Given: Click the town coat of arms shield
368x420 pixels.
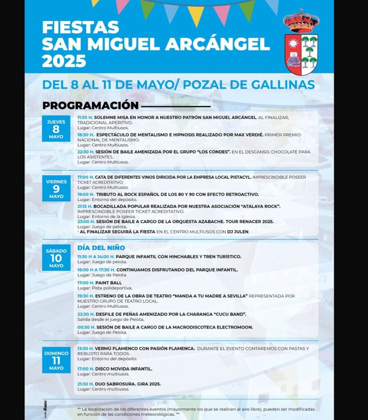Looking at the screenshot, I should point(301,54).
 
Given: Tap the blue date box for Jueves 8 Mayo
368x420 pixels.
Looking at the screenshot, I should point(56,129).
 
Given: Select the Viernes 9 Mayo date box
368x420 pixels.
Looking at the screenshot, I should point(56,188).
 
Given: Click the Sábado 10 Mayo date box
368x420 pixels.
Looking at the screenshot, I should point(56,258).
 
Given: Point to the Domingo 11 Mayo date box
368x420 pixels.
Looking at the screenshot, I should point(56,360).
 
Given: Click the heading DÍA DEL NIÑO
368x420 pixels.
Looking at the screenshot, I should point(101,248).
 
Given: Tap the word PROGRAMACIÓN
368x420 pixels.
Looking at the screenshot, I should point(90,105).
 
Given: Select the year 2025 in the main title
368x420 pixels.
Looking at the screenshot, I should point(64,61).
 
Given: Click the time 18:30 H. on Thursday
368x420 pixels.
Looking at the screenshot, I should point(86,135).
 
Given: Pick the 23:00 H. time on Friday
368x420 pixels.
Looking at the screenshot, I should point(86,221).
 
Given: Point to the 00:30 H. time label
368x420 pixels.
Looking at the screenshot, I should point(86,327).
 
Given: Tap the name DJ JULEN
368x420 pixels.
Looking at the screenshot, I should point(238,232).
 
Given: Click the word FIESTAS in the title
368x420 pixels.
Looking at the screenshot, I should point(80,27).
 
